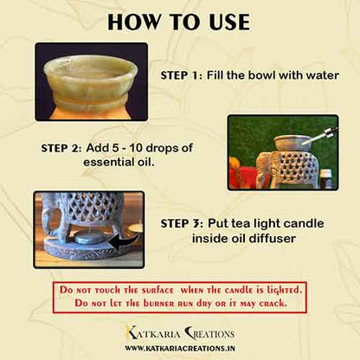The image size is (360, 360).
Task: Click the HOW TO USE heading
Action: pos(178,22)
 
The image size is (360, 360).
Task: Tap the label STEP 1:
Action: pos(182,75)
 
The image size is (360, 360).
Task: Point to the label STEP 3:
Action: pos(182,223)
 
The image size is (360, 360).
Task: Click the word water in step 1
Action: pos(322,75)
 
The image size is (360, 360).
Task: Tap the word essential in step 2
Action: pos(108,162)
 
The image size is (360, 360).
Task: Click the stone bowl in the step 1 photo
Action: pos(91,83)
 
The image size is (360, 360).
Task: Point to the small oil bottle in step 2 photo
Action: pos(325,178)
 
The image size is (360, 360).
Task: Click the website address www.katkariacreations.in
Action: pos(180,348)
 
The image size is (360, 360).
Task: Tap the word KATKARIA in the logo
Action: pos(153,334)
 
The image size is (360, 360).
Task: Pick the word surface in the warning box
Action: pos(157,291)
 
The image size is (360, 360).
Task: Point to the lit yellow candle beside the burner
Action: pos(135,227)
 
